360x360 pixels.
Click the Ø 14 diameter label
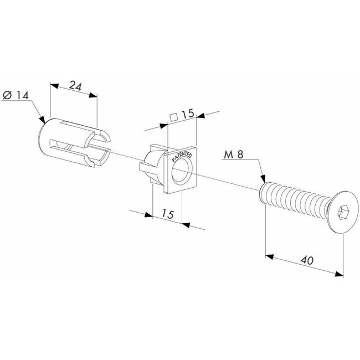[16, 95]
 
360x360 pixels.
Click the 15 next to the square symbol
[186, 114]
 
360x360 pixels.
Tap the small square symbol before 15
[173, 116]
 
